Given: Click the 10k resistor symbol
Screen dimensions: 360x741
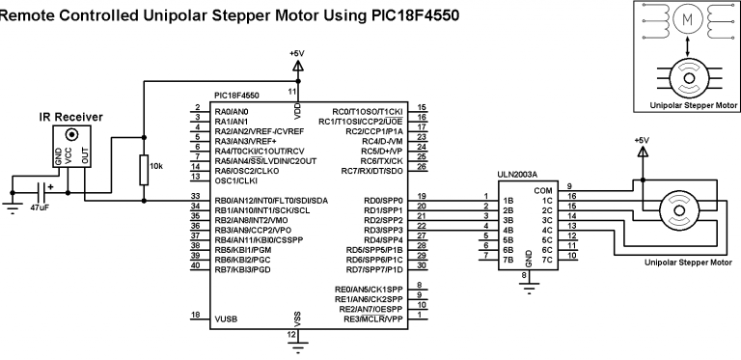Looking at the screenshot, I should tap(143, 170).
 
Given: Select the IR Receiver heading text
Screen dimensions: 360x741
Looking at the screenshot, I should tap(71, 117).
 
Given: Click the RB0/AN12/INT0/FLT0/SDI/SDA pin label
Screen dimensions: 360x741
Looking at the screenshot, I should tap(270, 201).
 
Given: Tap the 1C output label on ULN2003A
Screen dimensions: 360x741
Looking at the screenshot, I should tap(546, 201).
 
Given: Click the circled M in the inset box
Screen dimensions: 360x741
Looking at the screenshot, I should tap(687, 20).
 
